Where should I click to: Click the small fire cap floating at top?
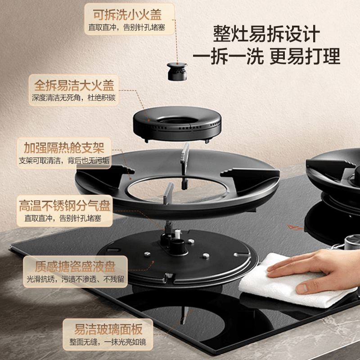(x=177, y=72)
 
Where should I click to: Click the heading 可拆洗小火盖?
(x=127, y=15)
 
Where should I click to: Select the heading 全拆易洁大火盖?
(x=74, y=85)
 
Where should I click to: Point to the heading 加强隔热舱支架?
(x=64, y=148)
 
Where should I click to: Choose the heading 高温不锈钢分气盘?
(x=64, y=205)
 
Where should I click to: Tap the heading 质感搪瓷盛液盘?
(x=75, y=266)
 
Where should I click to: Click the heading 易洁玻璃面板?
(x=108, y=329)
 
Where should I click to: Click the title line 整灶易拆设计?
(x=266, y=34)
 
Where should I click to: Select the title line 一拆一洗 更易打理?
(x=266, y=57)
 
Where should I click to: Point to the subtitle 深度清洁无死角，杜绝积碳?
(x=74, y=98)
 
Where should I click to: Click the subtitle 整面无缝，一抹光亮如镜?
(x=108, y=342)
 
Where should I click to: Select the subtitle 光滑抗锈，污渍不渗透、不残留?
(x=75, y=279)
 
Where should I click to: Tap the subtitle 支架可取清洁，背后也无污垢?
(x=64, y=161)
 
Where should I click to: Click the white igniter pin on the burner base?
(x=177, y=234)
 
